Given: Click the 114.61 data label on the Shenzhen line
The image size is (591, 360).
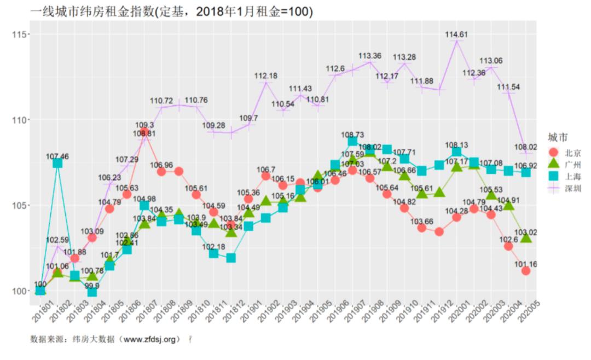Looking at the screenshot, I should coord(456,34).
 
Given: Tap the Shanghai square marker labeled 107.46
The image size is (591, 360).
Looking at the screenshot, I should coord(57,163).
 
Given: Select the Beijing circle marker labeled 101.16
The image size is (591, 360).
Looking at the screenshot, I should coord(526,271).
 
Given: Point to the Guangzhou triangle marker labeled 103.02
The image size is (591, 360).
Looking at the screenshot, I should coord(526,238).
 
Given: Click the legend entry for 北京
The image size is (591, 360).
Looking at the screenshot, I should coord(564,152).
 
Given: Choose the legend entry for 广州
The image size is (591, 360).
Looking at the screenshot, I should coord(564,164).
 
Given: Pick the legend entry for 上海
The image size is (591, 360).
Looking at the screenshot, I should coord(564,176).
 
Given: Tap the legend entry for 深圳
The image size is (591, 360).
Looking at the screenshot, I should coord(564,188).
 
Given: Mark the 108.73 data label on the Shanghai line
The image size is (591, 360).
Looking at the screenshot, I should coord(352,134).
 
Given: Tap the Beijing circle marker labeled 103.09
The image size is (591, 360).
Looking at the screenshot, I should coord(92,237).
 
